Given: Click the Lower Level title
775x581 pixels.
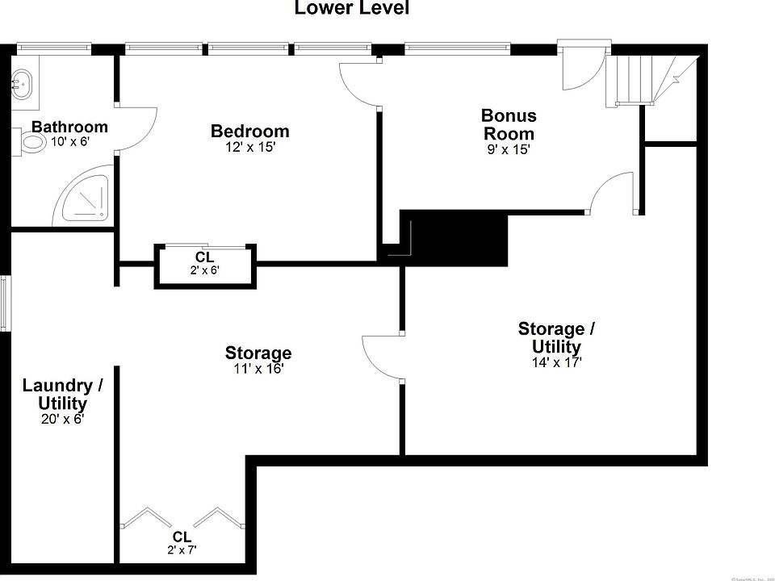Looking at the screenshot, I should [x=351, y=9].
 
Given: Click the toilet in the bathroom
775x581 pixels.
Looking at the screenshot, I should [x=32, y=143].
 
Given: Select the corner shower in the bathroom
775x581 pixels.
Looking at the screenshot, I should [x=85, y=198].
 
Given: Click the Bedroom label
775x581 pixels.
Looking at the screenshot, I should [x=249, y=131].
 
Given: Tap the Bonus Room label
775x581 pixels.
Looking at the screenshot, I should [x=509, y=124].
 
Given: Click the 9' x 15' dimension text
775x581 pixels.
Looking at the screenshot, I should [x=509, y=149].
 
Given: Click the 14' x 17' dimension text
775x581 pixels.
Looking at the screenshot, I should [x=556, y=362].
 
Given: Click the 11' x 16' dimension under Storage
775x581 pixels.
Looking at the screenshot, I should [x=258, y=369].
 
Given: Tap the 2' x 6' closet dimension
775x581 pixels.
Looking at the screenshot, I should [x=204, y=271].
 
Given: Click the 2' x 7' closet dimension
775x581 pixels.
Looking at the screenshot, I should [x=182, y=550].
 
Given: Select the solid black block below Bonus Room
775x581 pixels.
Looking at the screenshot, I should [x=456, y=238].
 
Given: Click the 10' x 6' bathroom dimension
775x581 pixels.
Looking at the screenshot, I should [x=69, y=141].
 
